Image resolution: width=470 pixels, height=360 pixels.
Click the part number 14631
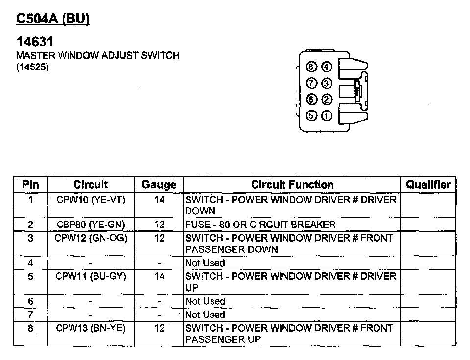34,42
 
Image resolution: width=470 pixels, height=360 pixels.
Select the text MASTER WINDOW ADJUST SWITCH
98,55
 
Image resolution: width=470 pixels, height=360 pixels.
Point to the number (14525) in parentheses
33,67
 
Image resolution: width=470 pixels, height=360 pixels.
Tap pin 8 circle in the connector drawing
311,67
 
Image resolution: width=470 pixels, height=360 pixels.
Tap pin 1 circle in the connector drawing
327,116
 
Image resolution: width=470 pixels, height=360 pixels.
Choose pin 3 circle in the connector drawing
327,83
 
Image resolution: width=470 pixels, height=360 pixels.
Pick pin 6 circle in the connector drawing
311,99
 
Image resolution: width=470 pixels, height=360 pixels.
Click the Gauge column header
159,185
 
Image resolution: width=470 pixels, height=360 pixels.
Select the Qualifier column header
428,185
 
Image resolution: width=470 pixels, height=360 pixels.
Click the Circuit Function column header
292,185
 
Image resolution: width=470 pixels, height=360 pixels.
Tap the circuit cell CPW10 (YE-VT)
91,200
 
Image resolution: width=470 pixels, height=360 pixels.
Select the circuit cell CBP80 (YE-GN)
91,225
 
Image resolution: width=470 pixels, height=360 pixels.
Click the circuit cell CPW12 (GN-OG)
91,238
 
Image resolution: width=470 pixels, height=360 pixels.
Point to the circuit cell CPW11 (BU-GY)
91,276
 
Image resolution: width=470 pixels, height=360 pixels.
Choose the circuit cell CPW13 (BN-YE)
91,328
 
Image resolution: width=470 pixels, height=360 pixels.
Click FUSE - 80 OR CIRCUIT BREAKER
260,225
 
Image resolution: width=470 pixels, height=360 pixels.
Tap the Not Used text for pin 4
205,263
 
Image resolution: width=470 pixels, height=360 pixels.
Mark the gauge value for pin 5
159,276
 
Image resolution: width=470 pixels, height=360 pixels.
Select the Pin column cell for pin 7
30,315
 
